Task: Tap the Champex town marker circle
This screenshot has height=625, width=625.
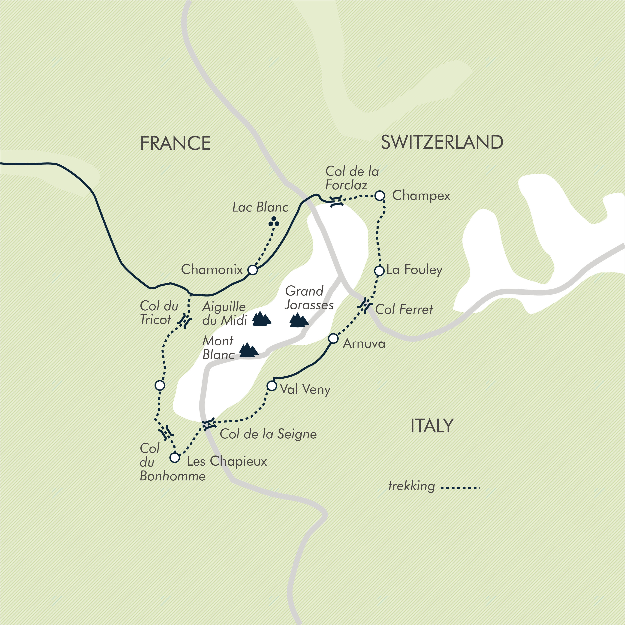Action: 380,195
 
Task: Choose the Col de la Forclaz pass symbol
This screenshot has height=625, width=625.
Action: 336,201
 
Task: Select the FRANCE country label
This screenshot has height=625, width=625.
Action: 175,143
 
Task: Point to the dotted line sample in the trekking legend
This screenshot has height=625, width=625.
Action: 460,488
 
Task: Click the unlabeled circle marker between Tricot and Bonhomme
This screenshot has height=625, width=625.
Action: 160,385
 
